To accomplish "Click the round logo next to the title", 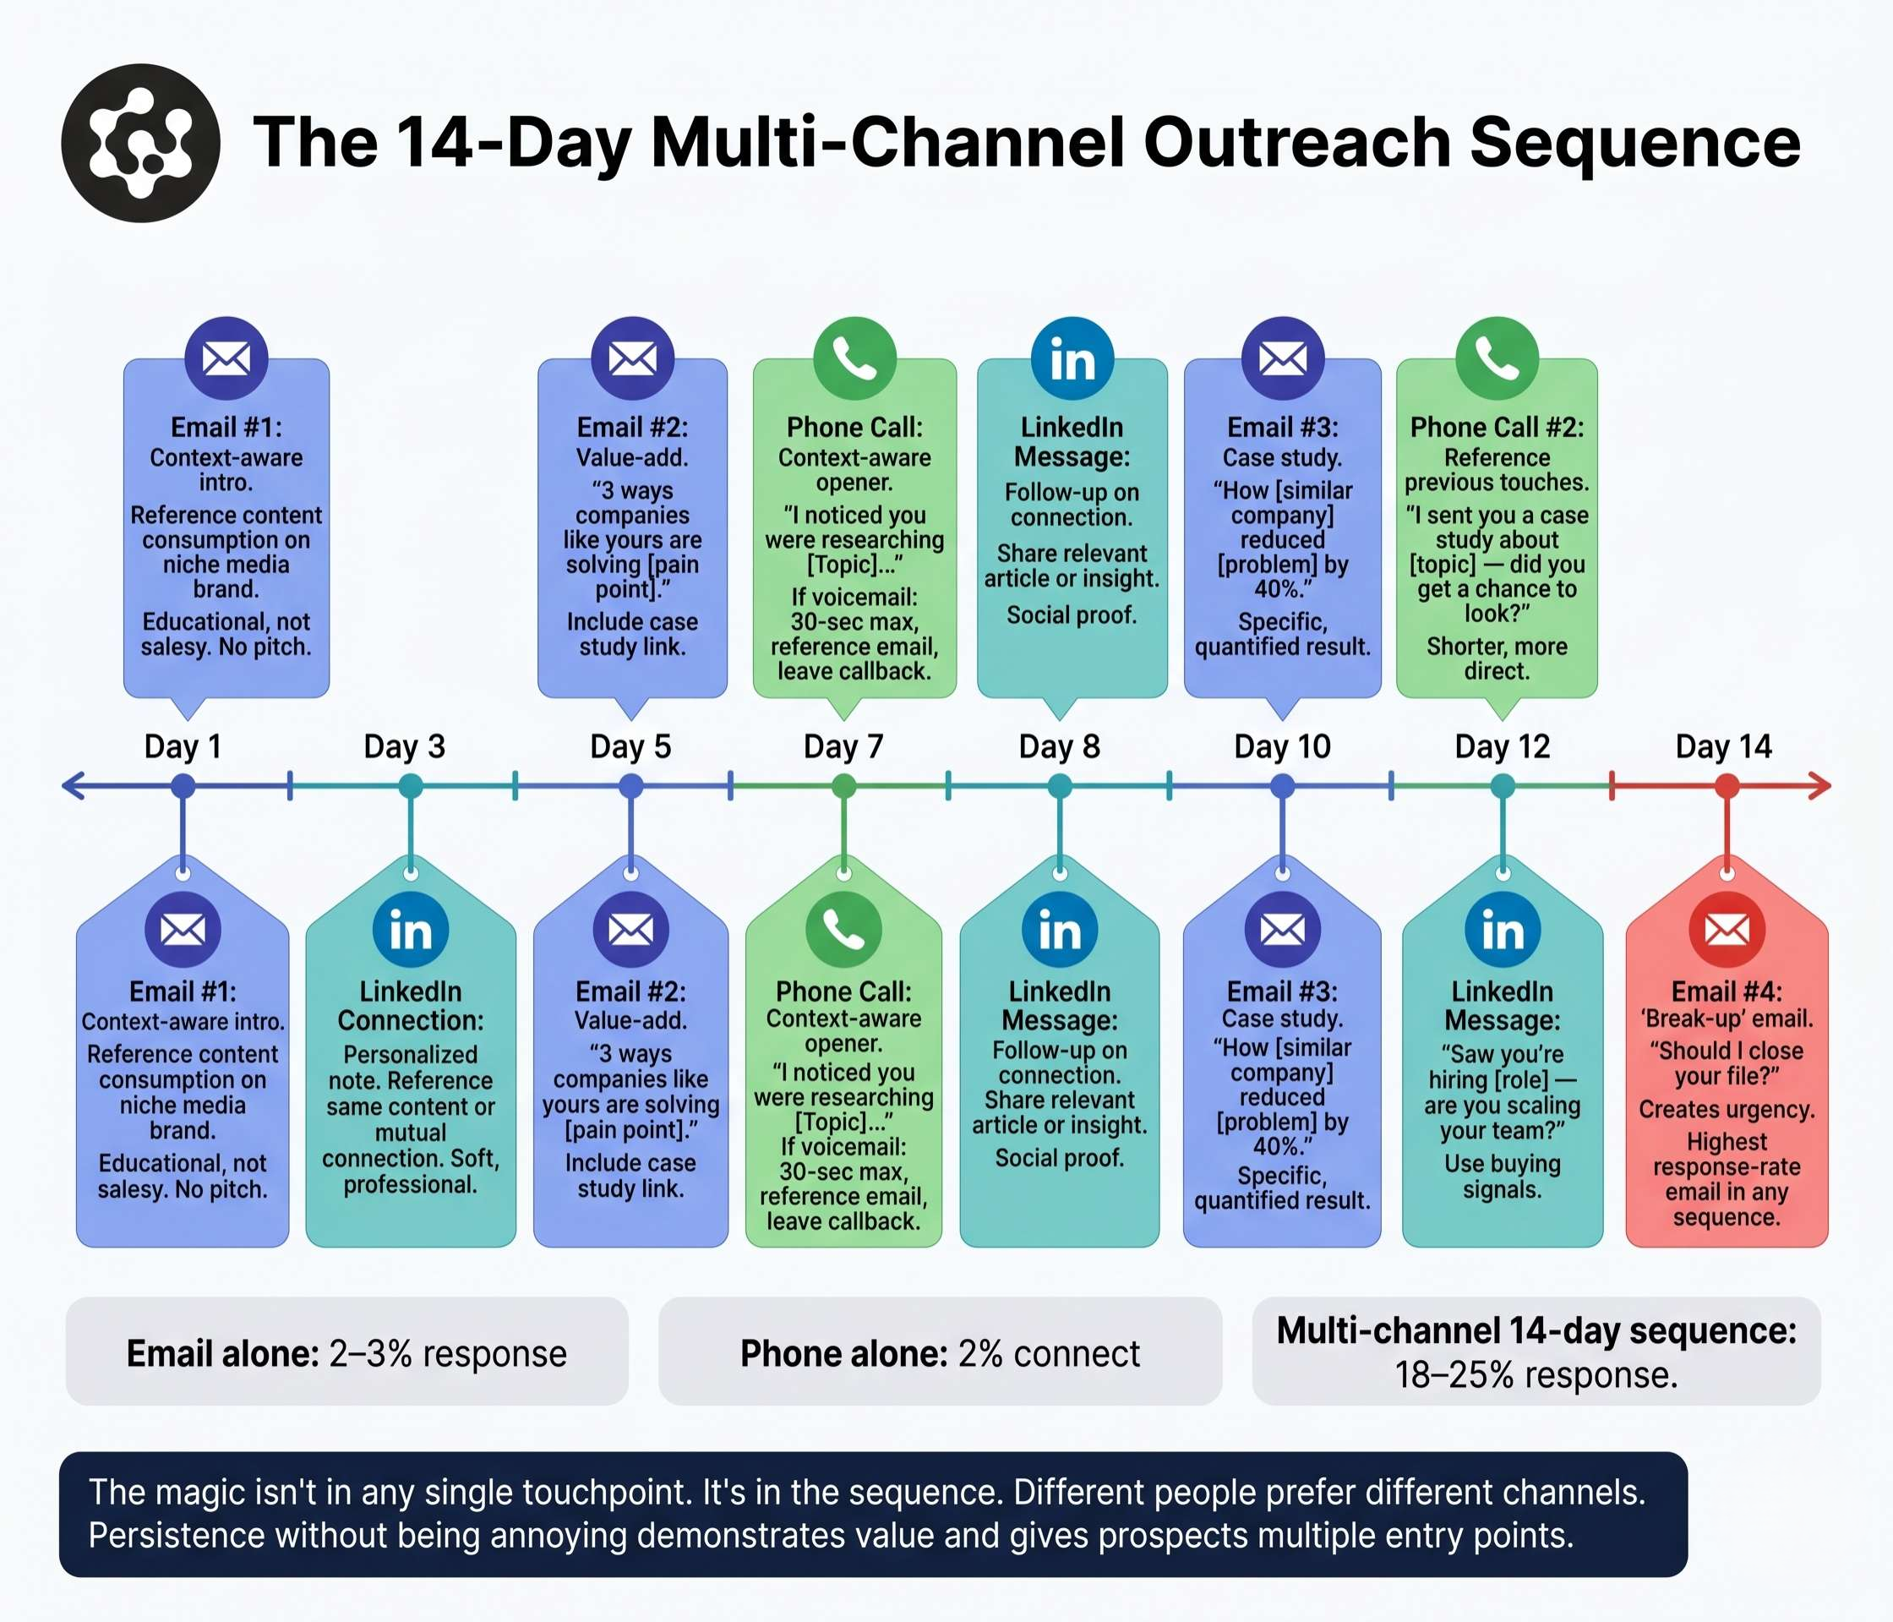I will click(x=140, y=143).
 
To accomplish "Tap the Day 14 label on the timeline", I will click(x=1723, y=746).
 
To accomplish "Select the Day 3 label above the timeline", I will click(x=404, y=746).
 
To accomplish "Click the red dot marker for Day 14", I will click(x=1726, y=786).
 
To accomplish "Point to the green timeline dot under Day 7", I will click(x=844, y=786).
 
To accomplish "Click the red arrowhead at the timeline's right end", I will click(x=1820, y=786).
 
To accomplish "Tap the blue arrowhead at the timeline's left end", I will click(x=73, y=786).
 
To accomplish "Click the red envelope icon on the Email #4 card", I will click(x=1726, y=931).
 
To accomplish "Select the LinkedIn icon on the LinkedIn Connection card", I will click(x=410, y=931).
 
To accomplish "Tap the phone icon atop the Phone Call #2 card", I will click(x=1497, y=358).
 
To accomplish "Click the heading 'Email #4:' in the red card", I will click(x=1726, y=991).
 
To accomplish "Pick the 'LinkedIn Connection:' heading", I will click(x=410, y=1005).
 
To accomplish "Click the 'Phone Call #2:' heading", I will click(x=1497, y=427).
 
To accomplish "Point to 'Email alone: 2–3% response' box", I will click(x=346, y=1353).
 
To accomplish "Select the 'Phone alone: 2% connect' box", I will click(x=939, y=1353).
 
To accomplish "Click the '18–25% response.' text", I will click(x=1536, y=1374).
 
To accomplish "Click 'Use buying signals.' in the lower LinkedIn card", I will click(x=1502, y=1176).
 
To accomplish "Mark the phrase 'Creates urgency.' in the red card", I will click(x=1726, y=1109).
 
